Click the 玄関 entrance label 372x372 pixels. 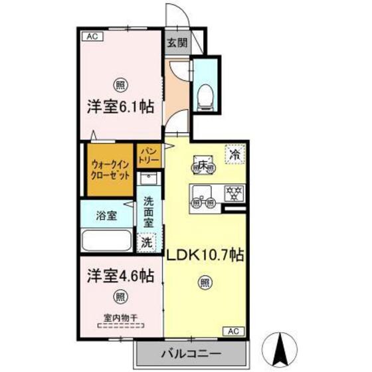tap(177, 43)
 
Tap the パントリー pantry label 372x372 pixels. tap(148, 157)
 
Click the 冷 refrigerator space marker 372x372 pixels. tap(234, 153)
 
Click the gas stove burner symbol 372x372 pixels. tap(233, 193)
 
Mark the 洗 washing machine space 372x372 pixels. tap(146, 242)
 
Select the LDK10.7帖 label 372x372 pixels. tap(204, 254)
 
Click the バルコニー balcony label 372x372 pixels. tap(191, 352)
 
